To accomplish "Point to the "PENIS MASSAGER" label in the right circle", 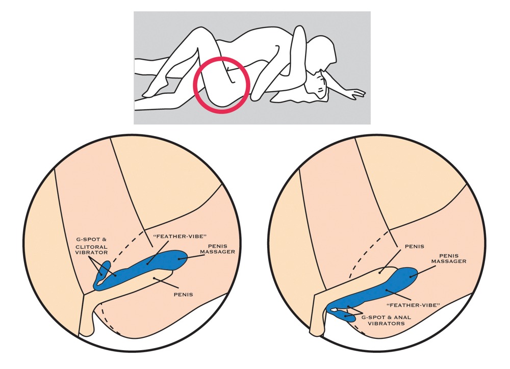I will coord(448,258).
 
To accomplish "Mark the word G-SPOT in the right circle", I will coord(373,317).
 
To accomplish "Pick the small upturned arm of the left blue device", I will coord(105,268).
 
